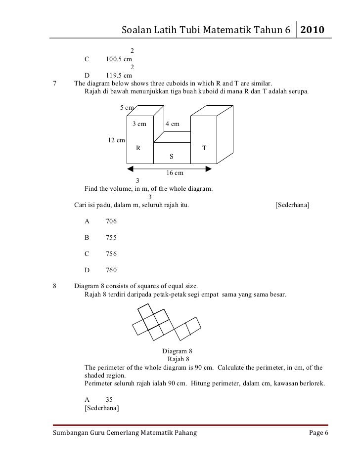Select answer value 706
point(111,222)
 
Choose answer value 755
point(111,238)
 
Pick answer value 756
point(111,254)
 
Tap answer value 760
point(111,270)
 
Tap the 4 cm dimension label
point(173,124)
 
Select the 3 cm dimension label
point(139,124)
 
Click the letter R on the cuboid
point(138,148)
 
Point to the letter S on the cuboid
point(172,156)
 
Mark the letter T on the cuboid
point(204,148)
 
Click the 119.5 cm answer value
point(119,76)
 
